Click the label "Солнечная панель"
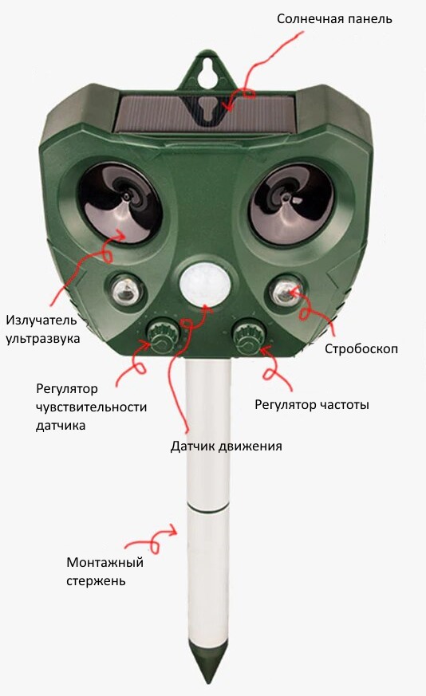334,19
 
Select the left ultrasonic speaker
119,202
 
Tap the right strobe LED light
285,292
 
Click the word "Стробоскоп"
361,349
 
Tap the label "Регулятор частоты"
311,405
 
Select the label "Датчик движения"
226,446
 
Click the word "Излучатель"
41,320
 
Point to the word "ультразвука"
42,338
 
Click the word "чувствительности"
91,407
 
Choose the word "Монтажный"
105,562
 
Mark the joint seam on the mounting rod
208,507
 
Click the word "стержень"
96,581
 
